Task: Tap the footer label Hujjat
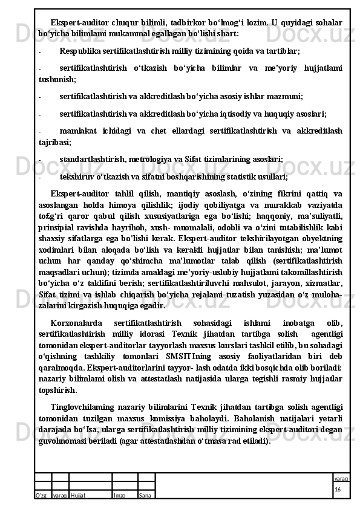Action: pos(77,495)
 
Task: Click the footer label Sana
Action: pos(145,495)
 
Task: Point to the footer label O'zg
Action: pos(42,495)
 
